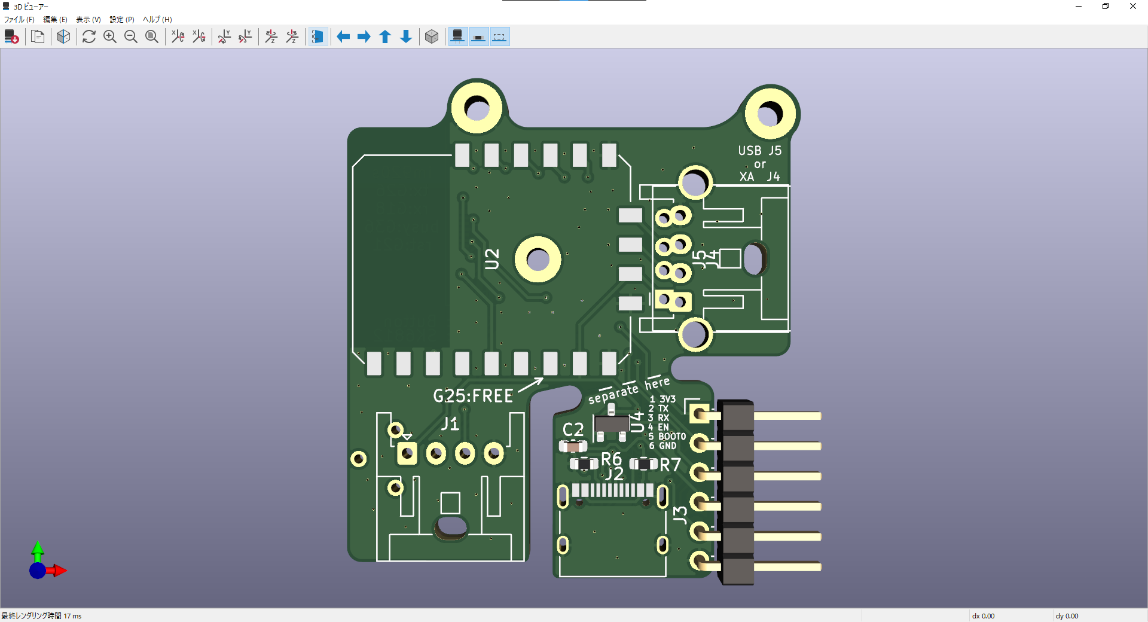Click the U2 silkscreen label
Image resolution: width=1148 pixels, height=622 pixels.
point(491,259)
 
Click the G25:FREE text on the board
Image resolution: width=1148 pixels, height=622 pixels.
point(473,396)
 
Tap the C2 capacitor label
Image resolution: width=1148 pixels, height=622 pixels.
point(573,429)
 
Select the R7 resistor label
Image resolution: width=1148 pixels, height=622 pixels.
point(670,465)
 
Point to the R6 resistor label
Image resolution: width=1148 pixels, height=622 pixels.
point(611,459)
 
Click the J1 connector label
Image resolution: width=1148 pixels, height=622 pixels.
point(450,424)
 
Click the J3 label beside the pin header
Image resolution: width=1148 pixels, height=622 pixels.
point(680,515)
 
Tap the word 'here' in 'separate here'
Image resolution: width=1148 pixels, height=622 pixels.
point(657,383)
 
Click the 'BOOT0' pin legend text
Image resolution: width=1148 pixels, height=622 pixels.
point(671,437)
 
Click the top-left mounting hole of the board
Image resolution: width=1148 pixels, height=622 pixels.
point(477,108)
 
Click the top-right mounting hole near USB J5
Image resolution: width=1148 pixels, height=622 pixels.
point(770,114)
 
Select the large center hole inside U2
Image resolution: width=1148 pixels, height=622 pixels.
point(538,260)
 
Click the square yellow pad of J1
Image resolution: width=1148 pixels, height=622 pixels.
point(407,453)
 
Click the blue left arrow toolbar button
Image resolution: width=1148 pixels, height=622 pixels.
point(343,37)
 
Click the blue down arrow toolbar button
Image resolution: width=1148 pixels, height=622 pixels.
point(406,37)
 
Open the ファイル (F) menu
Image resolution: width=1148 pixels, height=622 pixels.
point(19,20)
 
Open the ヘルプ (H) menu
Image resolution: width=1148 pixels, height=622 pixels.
point(157,20)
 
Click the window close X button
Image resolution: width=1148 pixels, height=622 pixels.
point(1132,7)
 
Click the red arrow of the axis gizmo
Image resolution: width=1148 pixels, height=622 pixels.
point(59,571)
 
